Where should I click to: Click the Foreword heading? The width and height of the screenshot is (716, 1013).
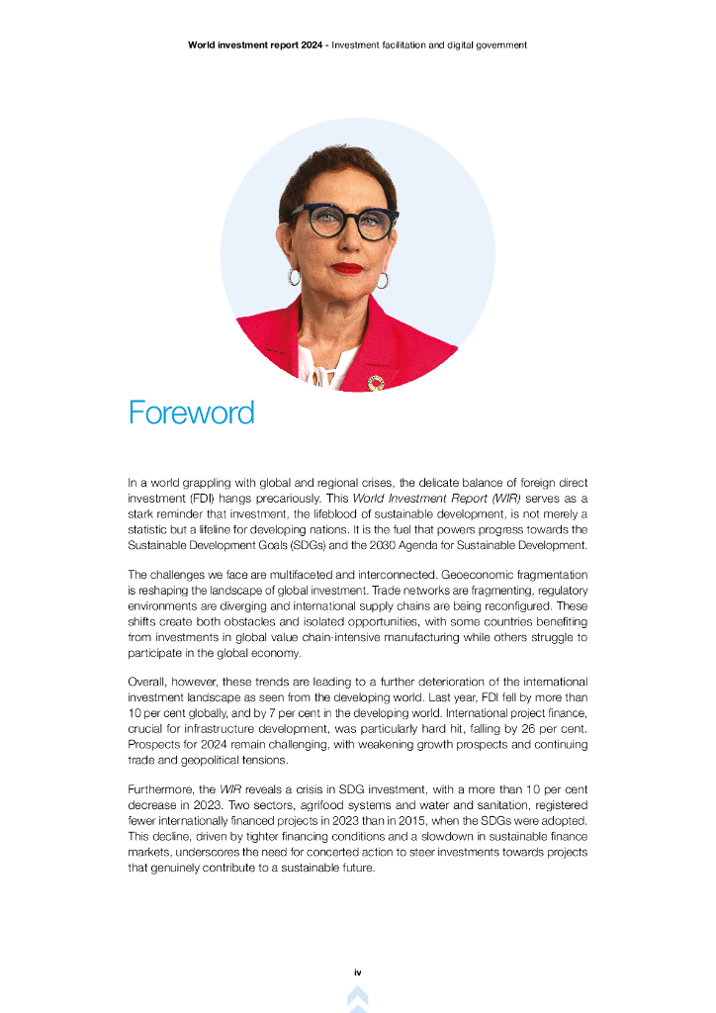192,413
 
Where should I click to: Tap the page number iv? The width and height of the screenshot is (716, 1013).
358,972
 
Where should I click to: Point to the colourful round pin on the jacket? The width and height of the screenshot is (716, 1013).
375,383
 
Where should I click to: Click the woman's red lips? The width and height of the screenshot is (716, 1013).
347,268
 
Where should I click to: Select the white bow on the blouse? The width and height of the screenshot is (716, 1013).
318,373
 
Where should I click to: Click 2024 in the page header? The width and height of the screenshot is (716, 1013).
309,45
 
